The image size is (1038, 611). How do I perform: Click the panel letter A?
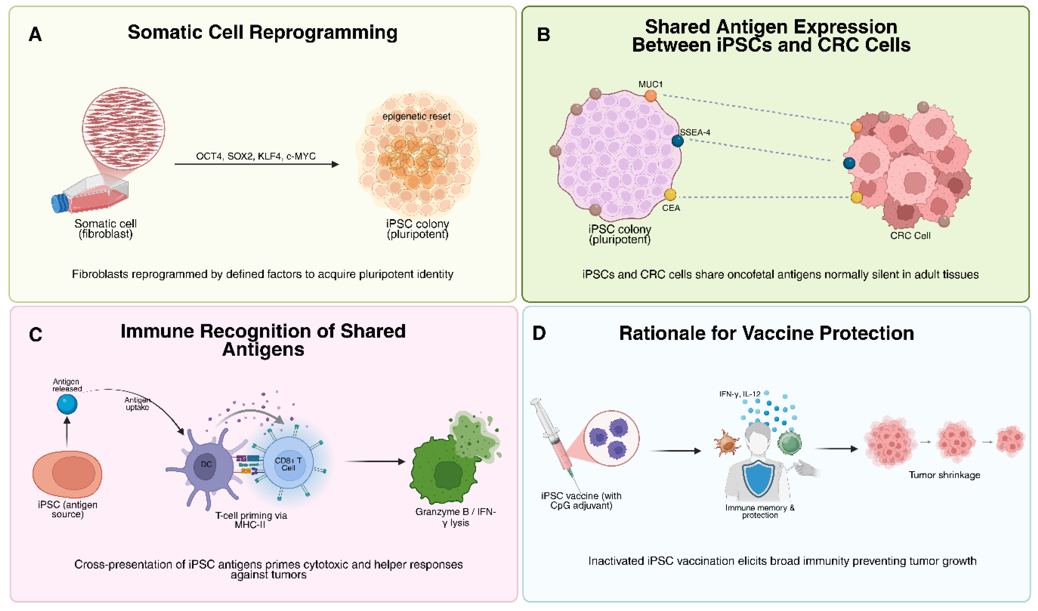click(35, 34)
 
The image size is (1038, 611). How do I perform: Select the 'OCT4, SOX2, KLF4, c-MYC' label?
click(255, 156)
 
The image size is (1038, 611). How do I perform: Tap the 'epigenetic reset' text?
click(416, 116)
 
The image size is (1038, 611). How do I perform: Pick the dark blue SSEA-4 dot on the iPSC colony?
click(677, 141)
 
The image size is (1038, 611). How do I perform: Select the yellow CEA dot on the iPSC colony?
click(670, 194)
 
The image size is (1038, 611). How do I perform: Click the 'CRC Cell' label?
click(910, 235)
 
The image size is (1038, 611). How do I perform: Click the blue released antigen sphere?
click(67, 404)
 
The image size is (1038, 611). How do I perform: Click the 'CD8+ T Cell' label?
click(288, 464)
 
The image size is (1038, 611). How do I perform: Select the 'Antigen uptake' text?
click(137, 403)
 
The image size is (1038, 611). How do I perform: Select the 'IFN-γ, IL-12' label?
click(740, 394)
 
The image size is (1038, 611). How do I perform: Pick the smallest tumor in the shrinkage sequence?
click(1011, 441)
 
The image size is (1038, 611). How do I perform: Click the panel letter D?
click(539, 333)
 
